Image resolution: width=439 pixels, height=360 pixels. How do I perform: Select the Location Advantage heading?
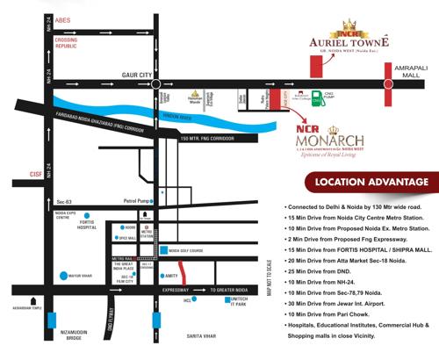tap(372, 183)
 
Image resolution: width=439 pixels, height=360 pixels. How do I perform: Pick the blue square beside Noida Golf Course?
tap(163, 250)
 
